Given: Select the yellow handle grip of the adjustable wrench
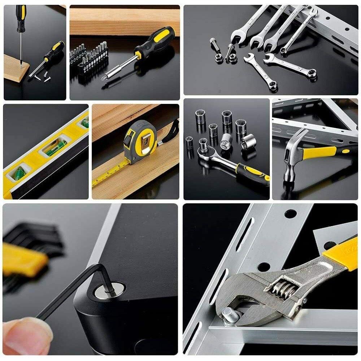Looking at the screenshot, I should tap(341, 255).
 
